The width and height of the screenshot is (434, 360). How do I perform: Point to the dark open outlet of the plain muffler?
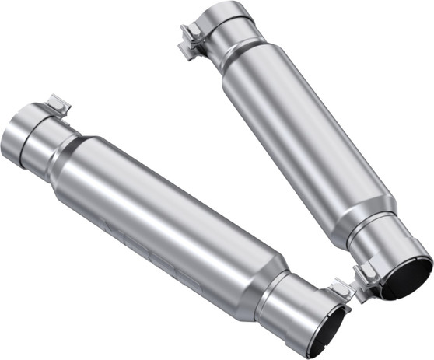click(x=408, y=278)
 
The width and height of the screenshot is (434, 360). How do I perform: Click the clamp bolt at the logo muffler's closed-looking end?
click(x=58, y=106)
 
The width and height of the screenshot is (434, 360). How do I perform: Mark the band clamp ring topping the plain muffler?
click(x=226, y=23)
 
